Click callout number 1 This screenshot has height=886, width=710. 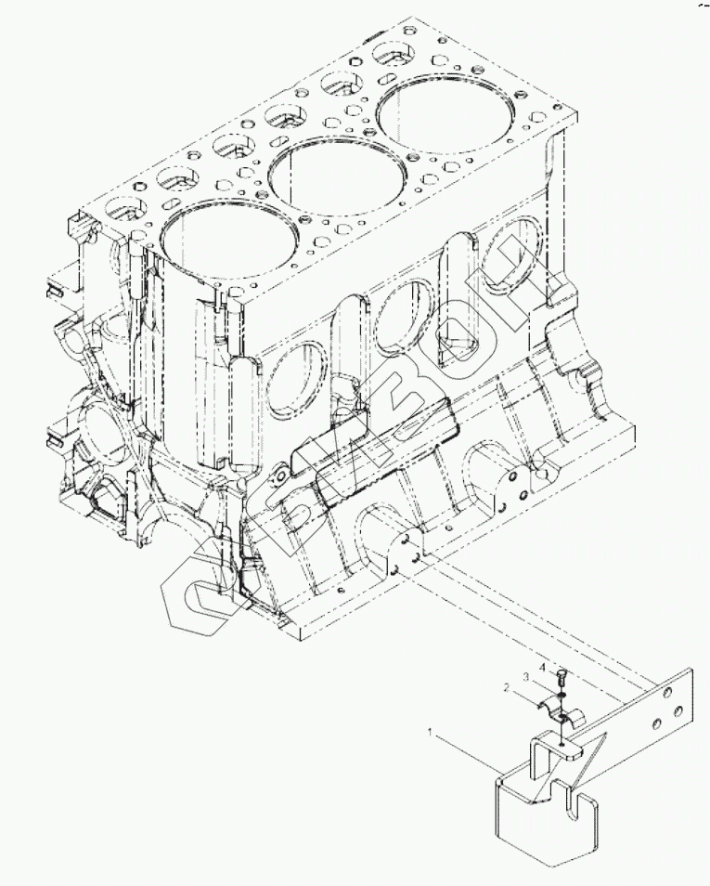(430, 732)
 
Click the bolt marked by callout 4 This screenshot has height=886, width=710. (563, 674)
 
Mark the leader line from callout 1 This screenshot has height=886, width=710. (464, 749)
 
